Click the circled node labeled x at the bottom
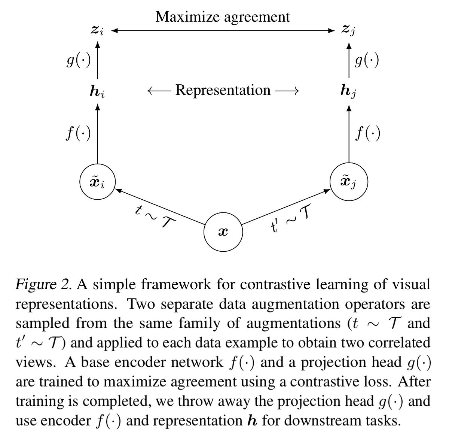(x=223, y=232)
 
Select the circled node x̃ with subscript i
(x=98, y=183)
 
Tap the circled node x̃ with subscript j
(x=349, y=182)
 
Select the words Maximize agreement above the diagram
(x=223, y=17)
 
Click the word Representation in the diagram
(x=223, y=90)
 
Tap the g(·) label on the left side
(x=79, y=61)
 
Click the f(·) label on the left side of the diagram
(x=79, y=134)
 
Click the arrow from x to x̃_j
(x=286, y=208)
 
